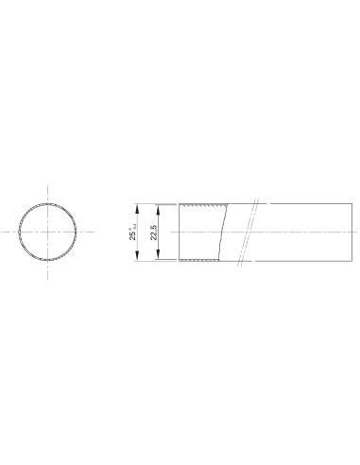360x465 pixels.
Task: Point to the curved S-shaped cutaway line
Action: click(x=223, y=232)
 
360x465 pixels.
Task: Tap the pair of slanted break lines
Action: click(x=251, y=232)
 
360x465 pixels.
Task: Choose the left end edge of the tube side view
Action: click(x=177, y=232)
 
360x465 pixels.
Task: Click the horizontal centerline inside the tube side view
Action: click(x=283, y=232)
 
